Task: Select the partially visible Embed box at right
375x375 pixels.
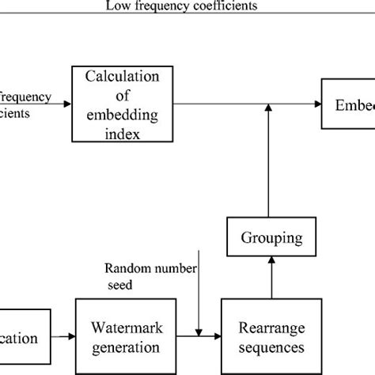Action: tap(349, 104)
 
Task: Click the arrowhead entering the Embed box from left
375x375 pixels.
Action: tap(317, 104)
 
